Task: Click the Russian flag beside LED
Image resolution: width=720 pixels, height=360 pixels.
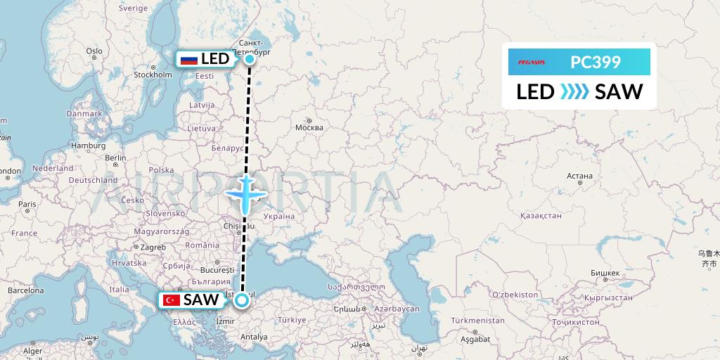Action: point(188,60)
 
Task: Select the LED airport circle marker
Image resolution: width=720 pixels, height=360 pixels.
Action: point(250,59)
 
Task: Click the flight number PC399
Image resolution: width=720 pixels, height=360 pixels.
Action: point(596,62)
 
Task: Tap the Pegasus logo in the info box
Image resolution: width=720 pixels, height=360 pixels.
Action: point(532,62)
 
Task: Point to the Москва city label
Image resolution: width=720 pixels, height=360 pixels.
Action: point(309,127)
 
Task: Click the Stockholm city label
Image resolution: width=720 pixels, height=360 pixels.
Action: point(153,75)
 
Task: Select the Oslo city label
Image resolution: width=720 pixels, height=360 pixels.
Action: point(94,51)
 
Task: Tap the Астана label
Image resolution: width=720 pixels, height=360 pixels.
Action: point(580,176)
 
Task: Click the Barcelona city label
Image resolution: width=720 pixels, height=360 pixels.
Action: point(26,290)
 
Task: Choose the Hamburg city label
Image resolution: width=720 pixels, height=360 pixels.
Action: point(88,146)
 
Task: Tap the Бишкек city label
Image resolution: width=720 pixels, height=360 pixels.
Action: point(605,273)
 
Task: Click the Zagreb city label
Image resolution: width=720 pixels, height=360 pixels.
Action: point(153,247)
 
